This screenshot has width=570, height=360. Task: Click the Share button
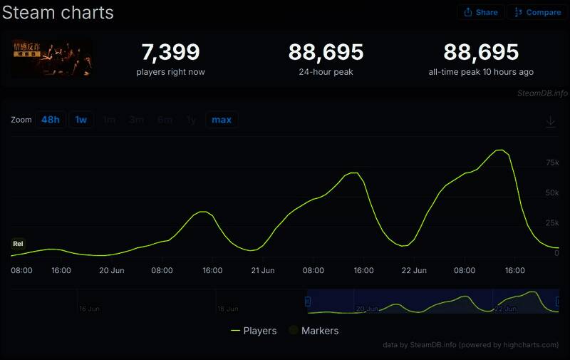481,12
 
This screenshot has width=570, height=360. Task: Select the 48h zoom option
51,120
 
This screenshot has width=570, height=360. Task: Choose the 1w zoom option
81,120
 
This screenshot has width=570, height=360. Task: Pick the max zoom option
222,120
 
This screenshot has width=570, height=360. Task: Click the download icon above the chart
551,122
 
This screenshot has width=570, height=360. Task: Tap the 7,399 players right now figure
170,53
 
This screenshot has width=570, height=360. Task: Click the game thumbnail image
51,58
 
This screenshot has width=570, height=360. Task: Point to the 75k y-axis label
552,163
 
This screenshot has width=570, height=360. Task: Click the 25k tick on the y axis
552,224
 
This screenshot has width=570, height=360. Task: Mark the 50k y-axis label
552,193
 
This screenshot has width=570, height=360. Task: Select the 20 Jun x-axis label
112,271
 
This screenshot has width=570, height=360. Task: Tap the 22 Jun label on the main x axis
414,271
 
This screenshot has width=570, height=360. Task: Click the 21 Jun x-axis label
263,271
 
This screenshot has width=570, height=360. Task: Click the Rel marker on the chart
18,244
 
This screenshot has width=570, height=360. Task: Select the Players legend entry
254,331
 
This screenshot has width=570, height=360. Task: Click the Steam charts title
58,12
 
